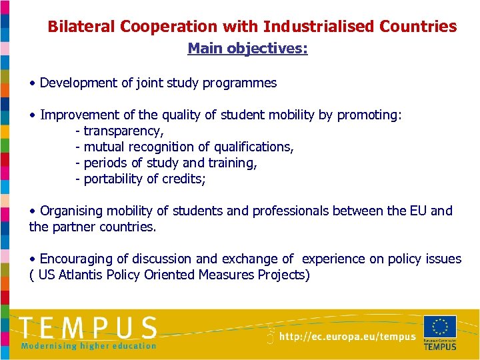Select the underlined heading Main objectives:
pos(247,49)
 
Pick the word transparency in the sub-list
pos(123,131)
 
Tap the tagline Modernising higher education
pos(89,346)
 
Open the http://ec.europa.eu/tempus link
pos(347,337)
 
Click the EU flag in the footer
pos(440,327)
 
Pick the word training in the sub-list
pos(231,163)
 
